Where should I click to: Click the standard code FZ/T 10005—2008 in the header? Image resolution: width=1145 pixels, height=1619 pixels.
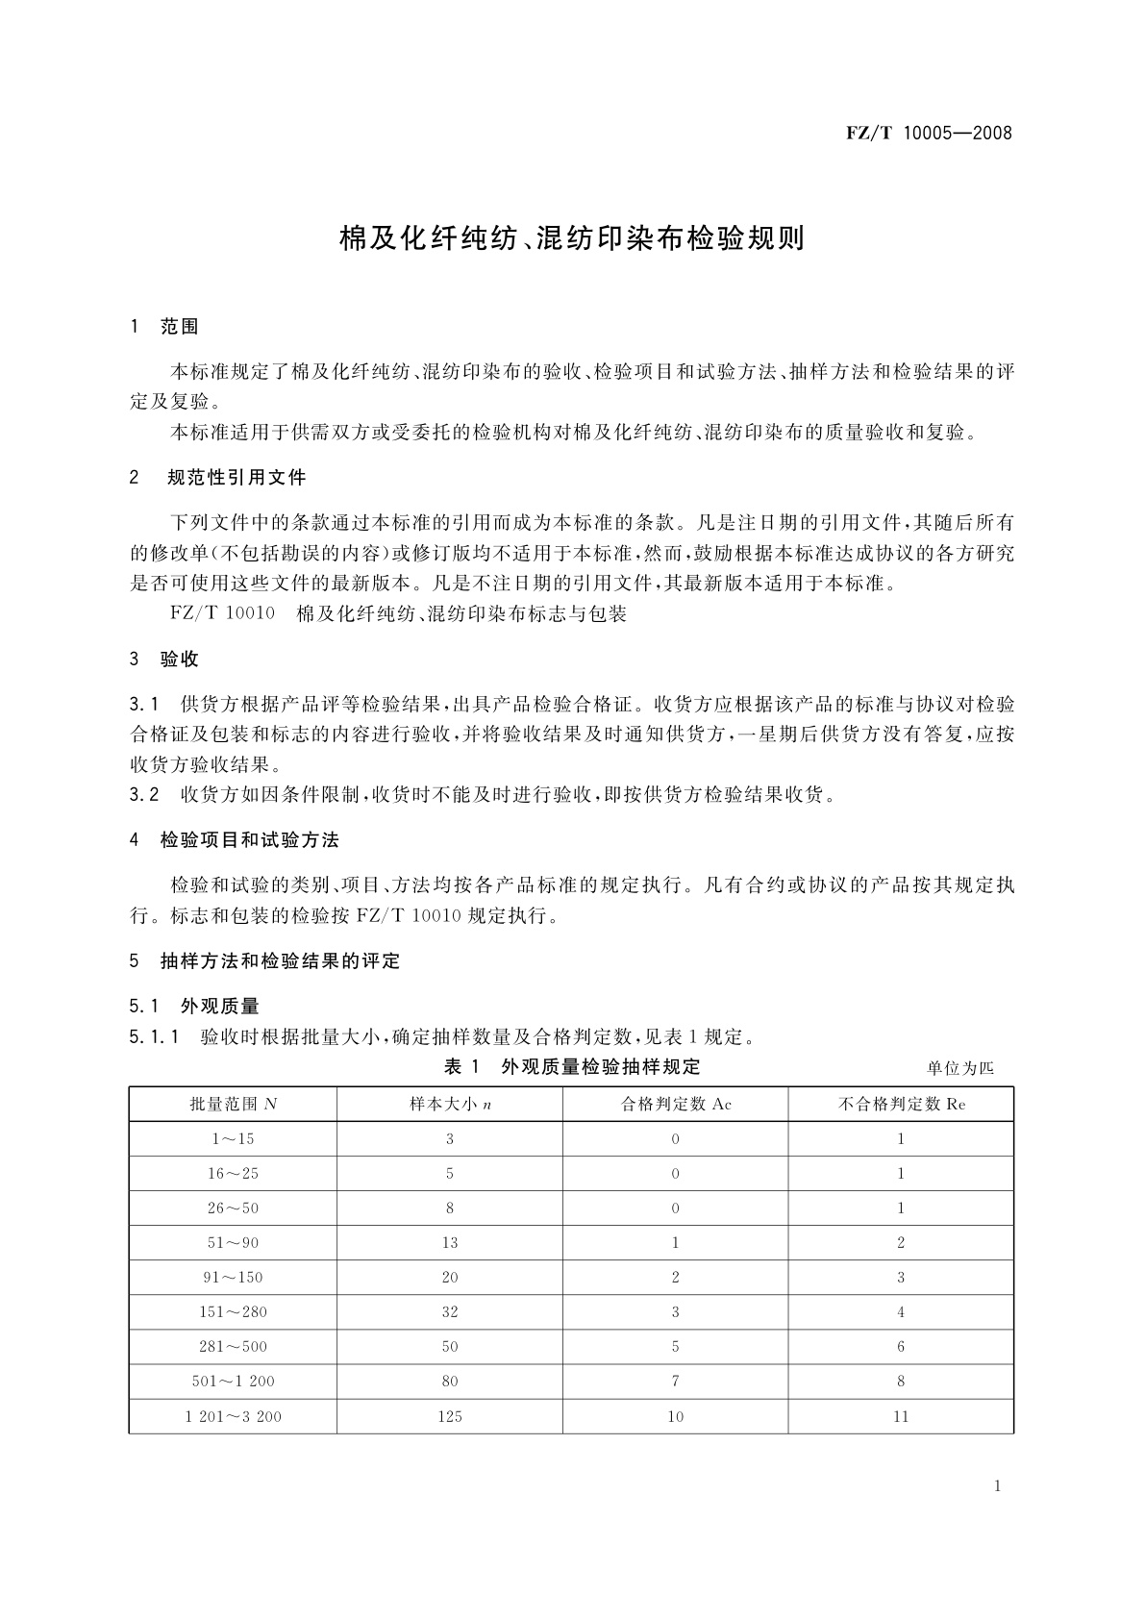click(x=929, y=133)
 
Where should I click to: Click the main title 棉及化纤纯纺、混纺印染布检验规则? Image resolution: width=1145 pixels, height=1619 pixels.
click(x=572, y=238)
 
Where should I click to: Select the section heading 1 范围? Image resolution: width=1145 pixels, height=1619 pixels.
click(x=164, y=327)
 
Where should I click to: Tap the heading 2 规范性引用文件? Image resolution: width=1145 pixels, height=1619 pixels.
click(x=217, y=478)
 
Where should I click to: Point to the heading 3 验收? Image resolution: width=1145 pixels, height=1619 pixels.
click(x=164, y=660)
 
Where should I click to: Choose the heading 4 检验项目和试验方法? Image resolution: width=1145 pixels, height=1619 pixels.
click(x=235, y=840)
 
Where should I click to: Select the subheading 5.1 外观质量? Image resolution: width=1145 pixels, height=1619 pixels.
click(x=195, y=1007)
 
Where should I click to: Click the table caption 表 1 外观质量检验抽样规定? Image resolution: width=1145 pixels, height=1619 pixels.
click(x=572, y=1066)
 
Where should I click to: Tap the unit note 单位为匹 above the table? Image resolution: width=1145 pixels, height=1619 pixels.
click(x=959, y=1068)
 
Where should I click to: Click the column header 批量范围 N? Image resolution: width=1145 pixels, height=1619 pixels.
click(x=234, y=1105)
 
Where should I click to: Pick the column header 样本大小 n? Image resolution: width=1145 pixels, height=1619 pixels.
click(x=450, y=1105)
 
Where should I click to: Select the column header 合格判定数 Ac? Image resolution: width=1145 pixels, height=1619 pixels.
click(x=676, y=1105)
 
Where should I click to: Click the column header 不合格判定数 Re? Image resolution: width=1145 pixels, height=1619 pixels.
click(x=901, y=1105)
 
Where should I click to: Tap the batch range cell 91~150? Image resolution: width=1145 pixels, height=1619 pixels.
click(x=234, y=1278)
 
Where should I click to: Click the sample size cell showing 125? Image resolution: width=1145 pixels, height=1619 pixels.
click(x=450, y=1416)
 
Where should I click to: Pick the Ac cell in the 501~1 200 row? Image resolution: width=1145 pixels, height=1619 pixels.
click(x=676, y=1382)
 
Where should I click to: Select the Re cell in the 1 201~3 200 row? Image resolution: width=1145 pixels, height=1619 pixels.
click(x=901, y=1416)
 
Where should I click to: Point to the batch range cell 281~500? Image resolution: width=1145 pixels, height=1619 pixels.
click(x=234, y=1347)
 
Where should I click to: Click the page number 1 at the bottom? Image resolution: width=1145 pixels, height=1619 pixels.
click(x=997, y=1486)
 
